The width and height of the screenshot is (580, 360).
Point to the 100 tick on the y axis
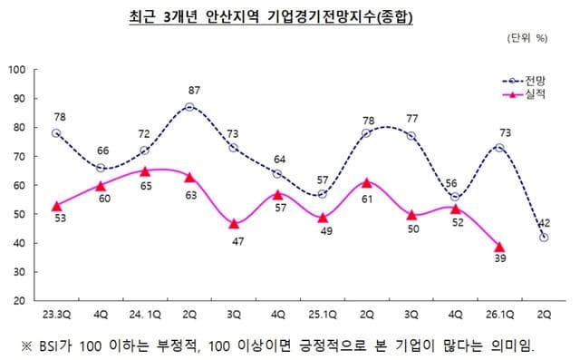pyautogui.click(x=15, y=70)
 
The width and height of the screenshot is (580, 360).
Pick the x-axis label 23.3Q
pyautogui.click(x=55, y=315)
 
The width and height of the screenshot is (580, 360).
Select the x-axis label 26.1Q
pyautogui.click(x=499, y=315)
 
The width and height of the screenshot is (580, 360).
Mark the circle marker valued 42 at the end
pyautogui.click(x=544, y=238)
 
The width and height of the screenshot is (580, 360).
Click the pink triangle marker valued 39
pyautogui.click(x=499, y=247)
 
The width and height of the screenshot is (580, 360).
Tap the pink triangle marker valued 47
pyautogui.click(x=233, y=223)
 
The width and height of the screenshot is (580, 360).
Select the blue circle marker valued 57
pyautogui.click(x=322, y=194)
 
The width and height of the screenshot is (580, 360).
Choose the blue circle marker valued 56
pyautogui.click(x=455, y=197)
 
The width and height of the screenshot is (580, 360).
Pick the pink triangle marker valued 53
pyautogui.click(x=56, y=206)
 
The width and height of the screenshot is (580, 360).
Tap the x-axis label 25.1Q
pyautogui.click(x=322, y=315)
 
